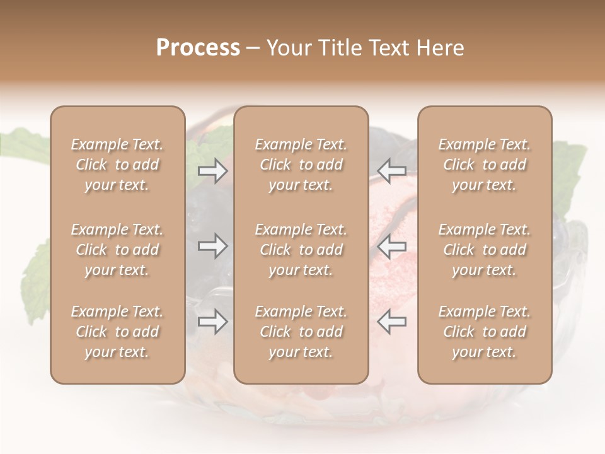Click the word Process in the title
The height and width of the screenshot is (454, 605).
point(198,48)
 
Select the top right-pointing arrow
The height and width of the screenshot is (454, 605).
point(212,171)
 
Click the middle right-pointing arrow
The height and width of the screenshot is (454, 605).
point(212,246)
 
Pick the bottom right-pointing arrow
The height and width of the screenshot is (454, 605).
point(212,322)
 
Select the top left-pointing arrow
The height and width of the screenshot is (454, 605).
point(392,171)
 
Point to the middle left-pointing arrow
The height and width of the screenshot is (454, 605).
point(392,246)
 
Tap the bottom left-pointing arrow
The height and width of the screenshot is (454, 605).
point(392,322)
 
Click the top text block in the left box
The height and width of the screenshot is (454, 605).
point(117,165)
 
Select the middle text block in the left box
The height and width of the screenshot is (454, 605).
point(117,250)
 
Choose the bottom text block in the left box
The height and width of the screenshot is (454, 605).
point(117,332)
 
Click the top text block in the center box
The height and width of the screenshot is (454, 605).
point(301,165)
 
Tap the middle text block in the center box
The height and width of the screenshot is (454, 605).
point(301,250)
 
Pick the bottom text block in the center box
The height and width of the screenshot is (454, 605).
point(301,332)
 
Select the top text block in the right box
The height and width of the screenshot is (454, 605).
point(484,165)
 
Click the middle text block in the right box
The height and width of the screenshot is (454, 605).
point(484,250)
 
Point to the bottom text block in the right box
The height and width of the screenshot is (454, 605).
point(484,332)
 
